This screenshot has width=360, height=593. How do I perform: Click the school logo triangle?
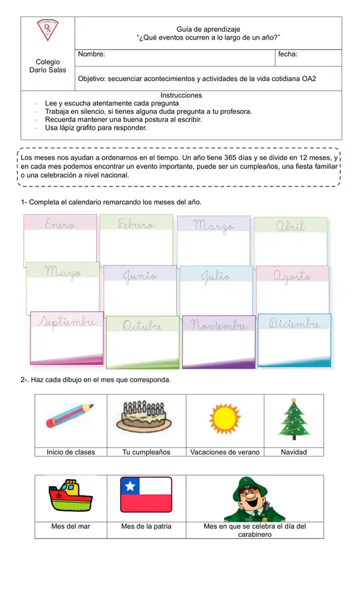point(47,30)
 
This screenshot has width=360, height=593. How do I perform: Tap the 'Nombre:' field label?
point(92,54)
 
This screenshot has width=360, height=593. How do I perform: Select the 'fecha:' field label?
point(287,54)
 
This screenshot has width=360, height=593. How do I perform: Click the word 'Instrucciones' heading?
point(181,96)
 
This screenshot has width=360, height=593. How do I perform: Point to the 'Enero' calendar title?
point(60,224)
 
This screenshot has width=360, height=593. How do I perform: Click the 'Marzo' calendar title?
point(214,226)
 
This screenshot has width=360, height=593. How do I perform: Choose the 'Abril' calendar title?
point(290,226)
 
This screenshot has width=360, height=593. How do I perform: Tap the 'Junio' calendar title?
point(140,276)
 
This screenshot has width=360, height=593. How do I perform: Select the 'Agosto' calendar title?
point(292,277)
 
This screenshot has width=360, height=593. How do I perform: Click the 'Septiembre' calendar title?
point(67,322)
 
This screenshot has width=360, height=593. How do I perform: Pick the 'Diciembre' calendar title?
point(294,324)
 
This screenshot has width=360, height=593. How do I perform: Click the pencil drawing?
point(70,416)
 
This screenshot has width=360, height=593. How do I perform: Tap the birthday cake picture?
point(144,416)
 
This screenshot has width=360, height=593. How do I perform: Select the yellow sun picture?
point(225,418)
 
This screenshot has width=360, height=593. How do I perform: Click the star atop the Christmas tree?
point(294,400)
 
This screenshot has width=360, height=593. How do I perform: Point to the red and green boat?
point(71,495)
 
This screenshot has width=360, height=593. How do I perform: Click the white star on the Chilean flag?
point(130,486)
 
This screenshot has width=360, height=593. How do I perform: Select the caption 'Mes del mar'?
point(71,526)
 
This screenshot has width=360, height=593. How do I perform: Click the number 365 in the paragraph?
point(230,157)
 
